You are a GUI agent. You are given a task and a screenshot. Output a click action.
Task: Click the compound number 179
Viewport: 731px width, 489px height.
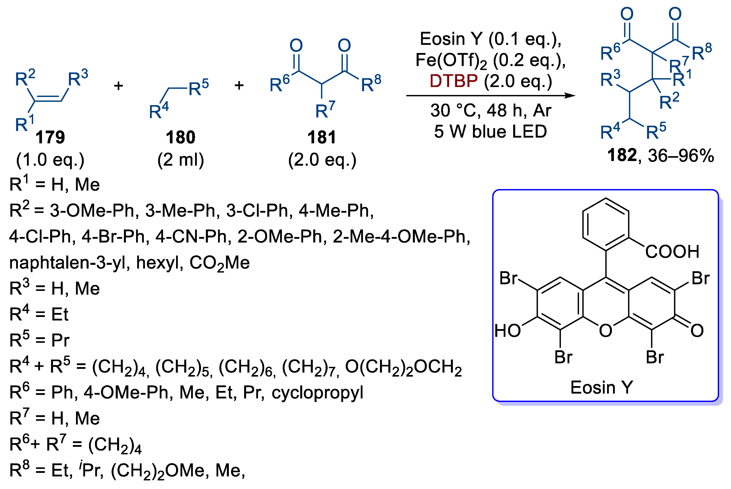(50, 137)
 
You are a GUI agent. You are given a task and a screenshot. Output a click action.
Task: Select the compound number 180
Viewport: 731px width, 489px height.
(180, 137)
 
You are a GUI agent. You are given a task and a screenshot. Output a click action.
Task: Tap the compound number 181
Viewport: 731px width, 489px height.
(322, 137)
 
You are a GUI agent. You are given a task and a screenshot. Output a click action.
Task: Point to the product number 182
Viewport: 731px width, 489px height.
(622, 155)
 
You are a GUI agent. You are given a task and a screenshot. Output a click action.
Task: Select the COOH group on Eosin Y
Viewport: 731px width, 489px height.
(672, 252)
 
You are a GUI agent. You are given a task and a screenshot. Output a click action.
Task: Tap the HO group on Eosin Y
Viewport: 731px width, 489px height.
(508, 331)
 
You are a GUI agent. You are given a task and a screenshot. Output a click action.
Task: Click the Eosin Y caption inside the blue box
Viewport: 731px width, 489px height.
(602, 388)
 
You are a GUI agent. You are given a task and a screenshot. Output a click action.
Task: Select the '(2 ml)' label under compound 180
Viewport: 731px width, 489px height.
(180, 160)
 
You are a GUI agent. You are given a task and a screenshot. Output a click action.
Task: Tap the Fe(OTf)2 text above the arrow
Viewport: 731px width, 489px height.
(451, 61)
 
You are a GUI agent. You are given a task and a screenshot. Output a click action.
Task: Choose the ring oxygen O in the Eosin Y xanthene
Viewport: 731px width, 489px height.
(606, 331)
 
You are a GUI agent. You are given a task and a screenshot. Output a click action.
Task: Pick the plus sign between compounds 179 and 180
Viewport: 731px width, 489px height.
(118, 85)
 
